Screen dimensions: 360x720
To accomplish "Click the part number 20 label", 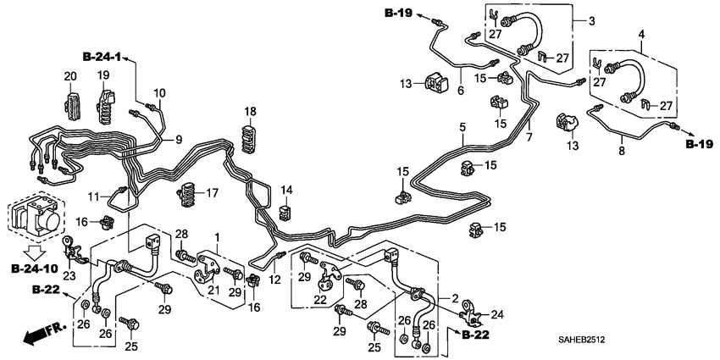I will tap(70, 77).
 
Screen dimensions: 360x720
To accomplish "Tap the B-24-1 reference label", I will tap(102, 57).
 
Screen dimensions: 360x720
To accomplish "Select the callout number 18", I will tap(250, 112).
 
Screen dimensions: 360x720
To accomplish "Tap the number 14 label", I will tap(286, 190).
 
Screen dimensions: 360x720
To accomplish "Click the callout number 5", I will tap(462, 129).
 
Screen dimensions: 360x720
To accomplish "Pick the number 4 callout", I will tap(641, 35).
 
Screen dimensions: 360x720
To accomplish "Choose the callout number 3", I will tap(592, 21).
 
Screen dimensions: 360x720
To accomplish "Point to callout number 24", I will tap(496, 314).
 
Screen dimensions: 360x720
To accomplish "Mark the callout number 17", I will tap(212, 193).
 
